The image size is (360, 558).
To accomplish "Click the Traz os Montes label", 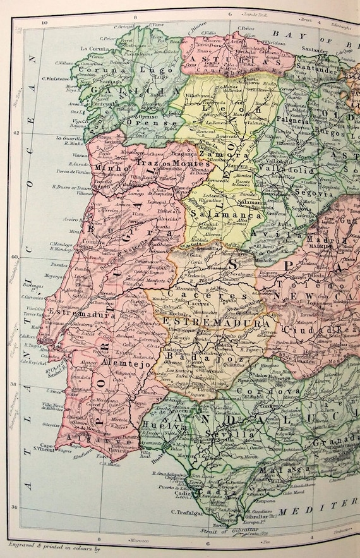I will click(x=165, y=163).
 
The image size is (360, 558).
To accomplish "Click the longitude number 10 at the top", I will click(x=45, y=23).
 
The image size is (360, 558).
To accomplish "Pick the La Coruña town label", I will click(x=92, y=48).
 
